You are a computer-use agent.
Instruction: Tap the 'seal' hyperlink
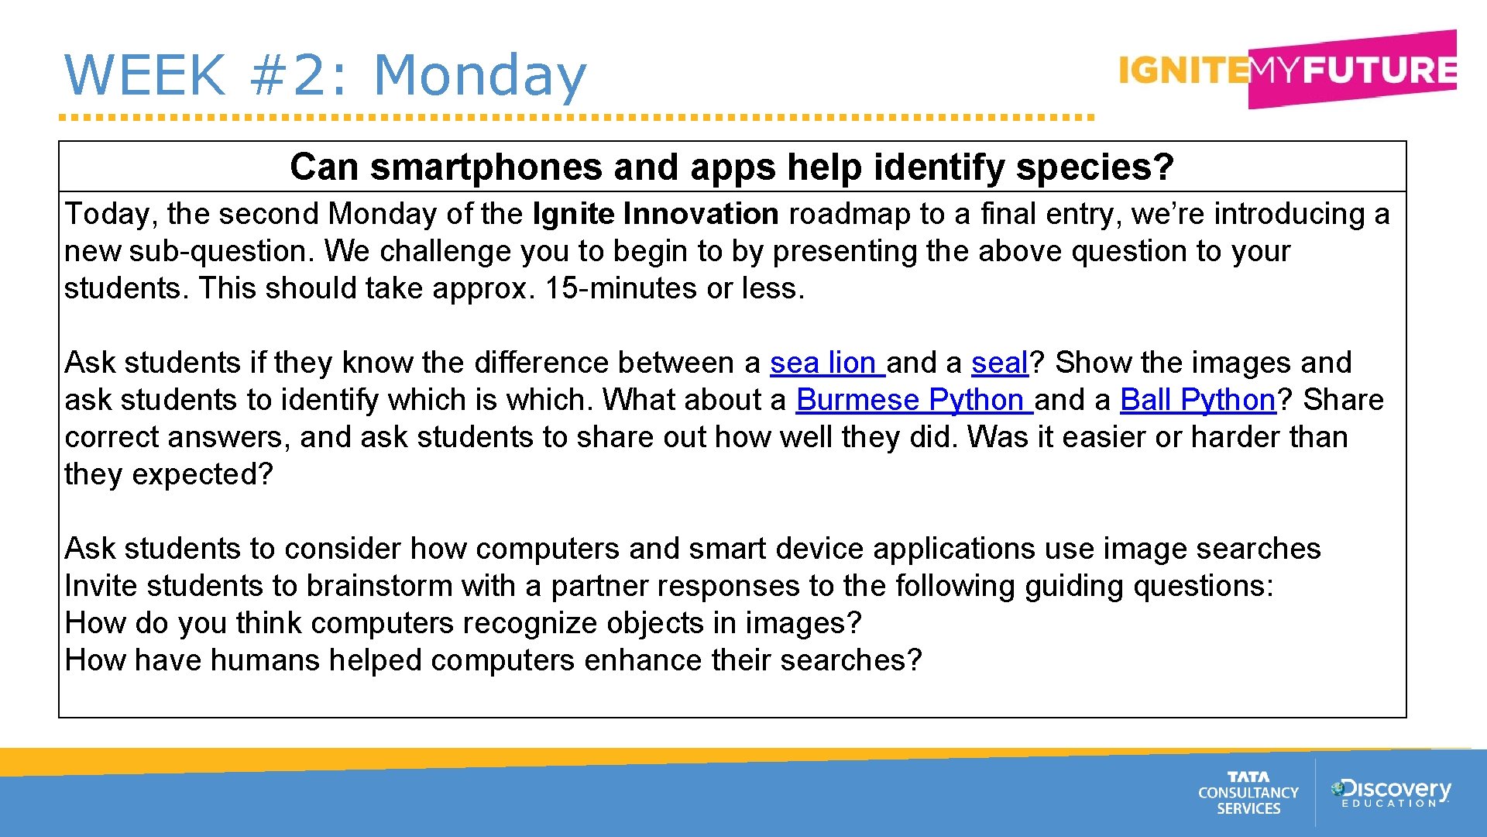[999, 363]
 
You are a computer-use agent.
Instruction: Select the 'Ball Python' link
[1197, 400]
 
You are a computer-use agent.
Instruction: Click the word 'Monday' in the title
[479, 76]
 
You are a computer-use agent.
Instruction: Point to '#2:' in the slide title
[298, 76]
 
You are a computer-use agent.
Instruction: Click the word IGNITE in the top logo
[1183, 71]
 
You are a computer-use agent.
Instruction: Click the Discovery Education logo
[1390, 793]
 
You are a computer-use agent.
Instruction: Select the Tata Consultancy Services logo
[1248, 793]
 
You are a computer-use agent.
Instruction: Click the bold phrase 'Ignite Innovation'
[655, 214]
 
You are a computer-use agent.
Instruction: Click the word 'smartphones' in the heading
[486, 167]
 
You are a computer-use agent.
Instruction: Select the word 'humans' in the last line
[264, 660]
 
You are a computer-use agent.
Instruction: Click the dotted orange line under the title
[577, 118]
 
